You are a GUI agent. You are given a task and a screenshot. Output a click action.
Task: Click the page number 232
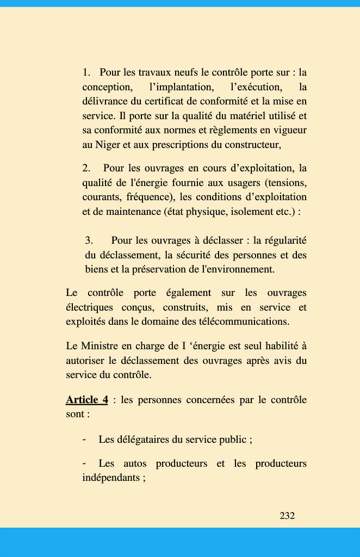coord(287,516)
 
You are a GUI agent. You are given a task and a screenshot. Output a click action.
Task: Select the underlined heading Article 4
coord(86,400)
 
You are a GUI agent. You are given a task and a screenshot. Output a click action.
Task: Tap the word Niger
coord(108,145)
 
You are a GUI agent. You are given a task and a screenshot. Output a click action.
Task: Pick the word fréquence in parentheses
coord(150,197)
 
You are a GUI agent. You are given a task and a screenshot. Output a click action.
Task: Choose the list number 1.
coord(86,72)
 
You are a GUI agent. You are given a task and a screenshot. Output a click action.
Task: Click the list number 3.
coord(89,240)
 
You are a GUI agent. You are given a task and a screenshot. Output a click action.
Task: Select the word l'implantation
coord(181,87)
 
